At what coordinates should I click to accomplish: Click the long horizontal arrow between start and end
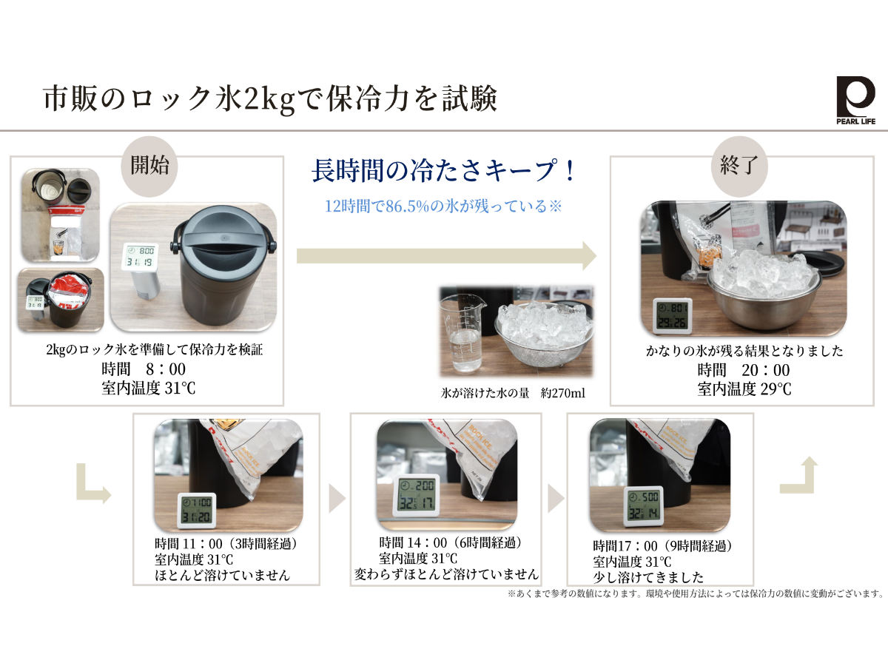tap(446, 256)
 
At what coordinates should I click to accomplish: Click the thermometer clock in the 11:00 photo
tap(196, 511)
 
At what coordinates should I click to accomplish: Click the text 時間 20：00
tap(743, 371)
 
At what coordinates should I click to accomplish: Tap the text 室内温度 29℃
tap(744, 389)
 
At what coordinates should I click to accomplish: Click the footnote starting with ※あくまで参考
tap(695, 593)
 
